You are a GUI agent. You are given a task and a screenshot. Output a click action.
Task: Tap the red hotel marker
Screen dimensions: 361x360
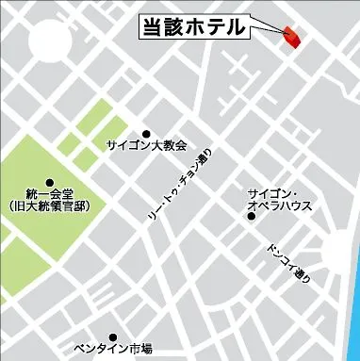(289, 36)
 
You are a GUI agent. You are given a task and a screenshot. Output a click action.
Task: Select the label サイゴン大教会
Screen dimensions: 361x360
(146, 147)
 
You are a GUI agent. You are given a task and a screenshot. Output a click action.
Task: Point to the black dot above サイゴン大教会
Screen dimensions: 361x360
(146, 134)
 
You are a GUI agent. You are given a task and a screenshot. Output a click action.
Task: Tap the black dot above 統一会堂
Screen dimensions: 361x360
(49, 182)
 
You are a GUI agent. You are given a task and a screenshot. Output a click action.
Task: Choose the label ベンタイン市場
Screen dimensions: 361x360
(112, 350)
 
